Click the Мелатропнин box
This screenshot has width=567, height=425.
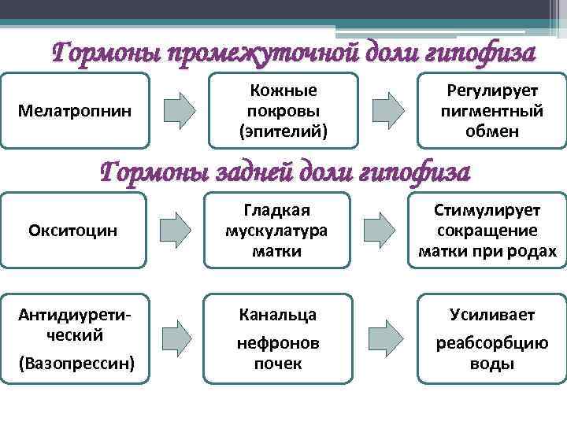tap(75, 111)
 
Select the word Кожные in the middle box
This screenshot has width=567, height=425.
tap(282, 91)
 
